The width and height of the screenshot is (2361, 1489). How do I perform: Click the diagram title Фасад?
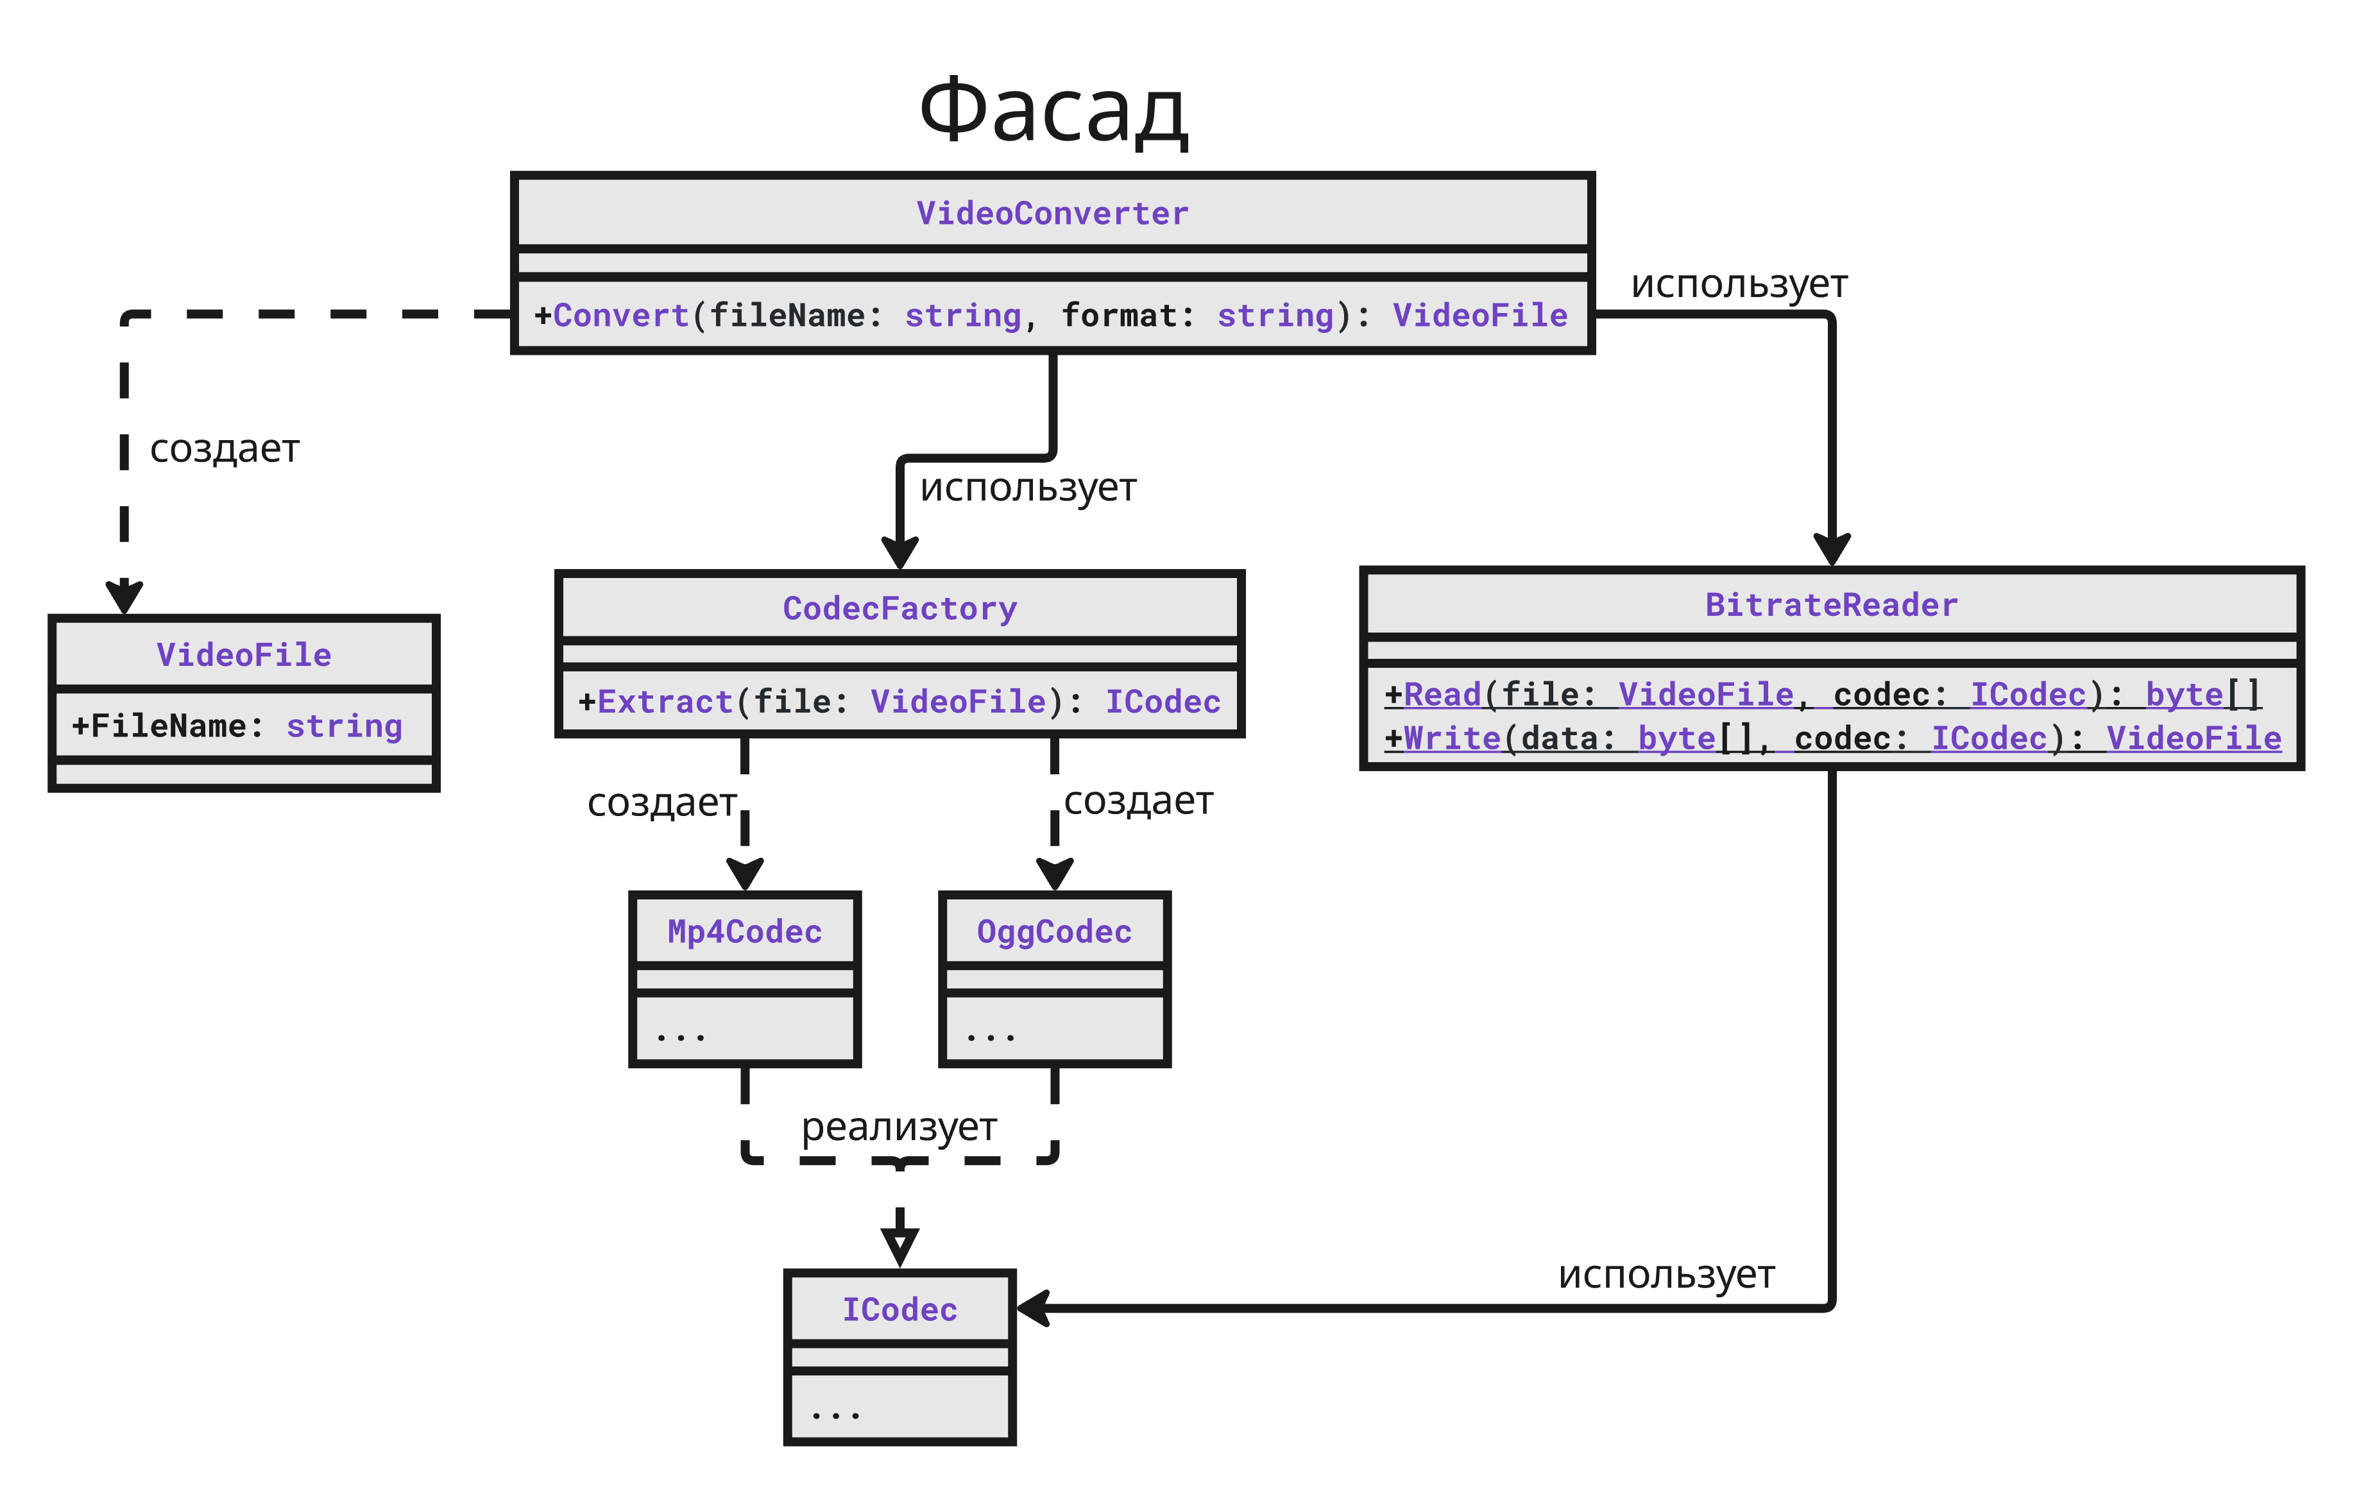pyautogui.click(x=1053, y=111)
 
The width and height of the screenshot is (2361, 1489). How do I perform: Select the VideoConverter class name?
pyautogui.click(x=1052, y=214)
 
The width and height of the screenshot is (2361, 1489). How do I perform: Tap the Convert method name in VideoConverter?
pyautogui.click(x=620, y=316)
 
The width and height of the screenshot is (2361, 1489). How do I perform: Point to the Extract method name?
pyautogui.click(x=665, y=702)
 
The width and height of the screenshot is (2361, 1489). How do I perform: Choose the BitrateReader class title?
pyautogui.click(x=1832, y=605)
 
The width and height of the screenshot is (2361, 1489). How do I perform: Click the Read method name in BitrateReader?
pyautogui.click(x=1442, y=695)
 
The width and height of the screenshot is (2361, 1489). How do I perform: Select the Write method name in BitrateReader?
pyautogui.click(x=1452, y=738)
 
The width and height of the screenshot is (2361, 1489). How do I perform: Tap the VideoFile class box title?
pyautogui.click(x=244, y=655)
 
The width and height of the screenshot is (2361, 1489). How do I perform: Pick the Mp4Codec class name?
pyautogui.click(x=744, y=932)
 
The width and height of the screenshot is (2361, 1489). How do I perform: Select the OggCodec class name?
pyautogui.click(x=1054, y=932)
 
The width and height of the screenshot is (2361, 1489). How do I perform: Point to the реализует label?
pyautogui.click(x=899, y=1127)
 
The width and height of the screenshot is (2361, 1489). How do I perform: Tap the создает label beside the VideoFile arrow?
pyautogui.click(x=225, y=449)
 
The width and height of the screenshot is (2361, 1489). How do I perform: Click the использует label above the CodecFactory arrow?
pyautogui.click(x=1028, y=487)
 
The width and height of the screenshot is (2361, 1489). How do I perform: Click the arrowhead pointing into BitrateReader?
pyautogui.click(x=1832, y=550)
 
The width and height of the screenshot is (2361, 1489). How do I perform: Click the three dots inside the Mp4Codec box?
pyautogui.click(x=681, y=1035)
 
